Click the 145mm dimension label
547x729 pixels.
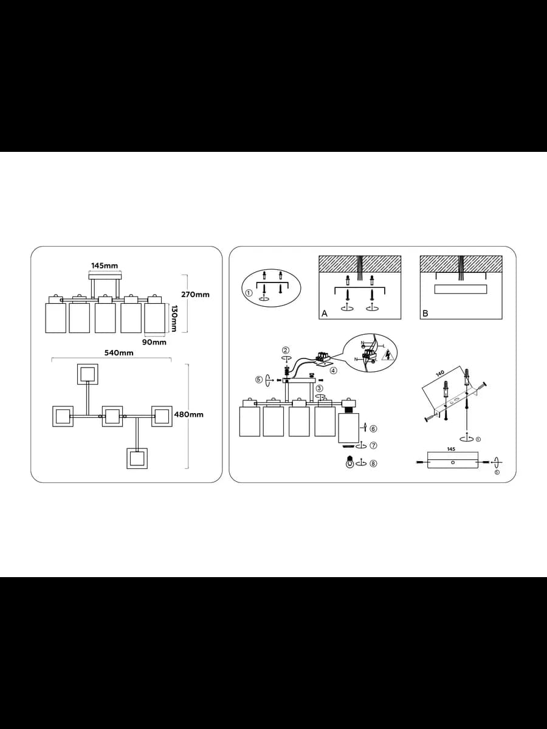[105, 265]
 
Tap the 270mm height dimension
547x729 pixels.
[195, 295]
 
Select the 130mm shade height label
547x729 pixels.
[173, 318]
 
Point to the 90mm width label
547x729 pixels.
[154, 342]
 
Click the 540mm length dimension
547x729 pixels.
[119, 353]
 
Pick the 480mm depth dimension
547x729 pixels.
[188, 414]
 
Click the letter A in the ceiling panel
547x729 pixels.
[325, 313]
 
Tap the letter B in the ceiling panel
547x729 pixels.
[425, 313]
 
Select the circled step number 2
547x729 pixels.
[286, 350]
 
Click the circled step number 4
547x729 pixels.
[334, 371]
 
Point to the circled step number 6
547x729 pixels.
[374, 429]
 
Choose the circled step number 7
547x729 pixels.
[374, 445]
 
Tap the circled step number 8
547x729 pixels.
[374, 464]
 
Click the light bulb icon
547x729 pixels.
[349, 462]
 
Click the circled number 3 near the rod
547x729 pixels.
[319, 388]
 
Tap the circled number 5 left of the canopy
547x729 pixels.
[259, 380]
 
